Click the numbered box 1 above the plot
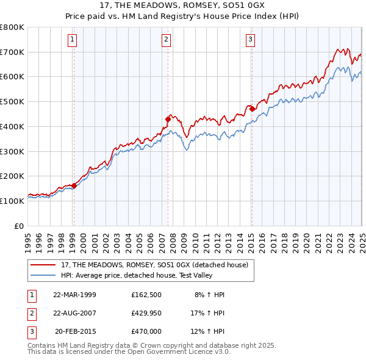(x=73, y=40)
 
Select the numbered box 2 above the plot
(x=166, y=40)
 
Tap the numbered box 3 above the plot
(x=250, y=40)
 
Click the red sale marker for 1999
(x=74, y=185)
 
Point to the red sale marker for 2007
(x=168, y=119)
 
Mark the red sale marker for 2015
(x=251, y=109)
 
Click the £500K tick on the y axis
(x=12, y=101)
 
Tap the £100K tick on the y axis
(x=12, y=201)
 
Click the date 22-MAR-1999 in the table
(x=75, y=295)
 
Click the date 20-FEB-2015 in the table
(x=75, y=331)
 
